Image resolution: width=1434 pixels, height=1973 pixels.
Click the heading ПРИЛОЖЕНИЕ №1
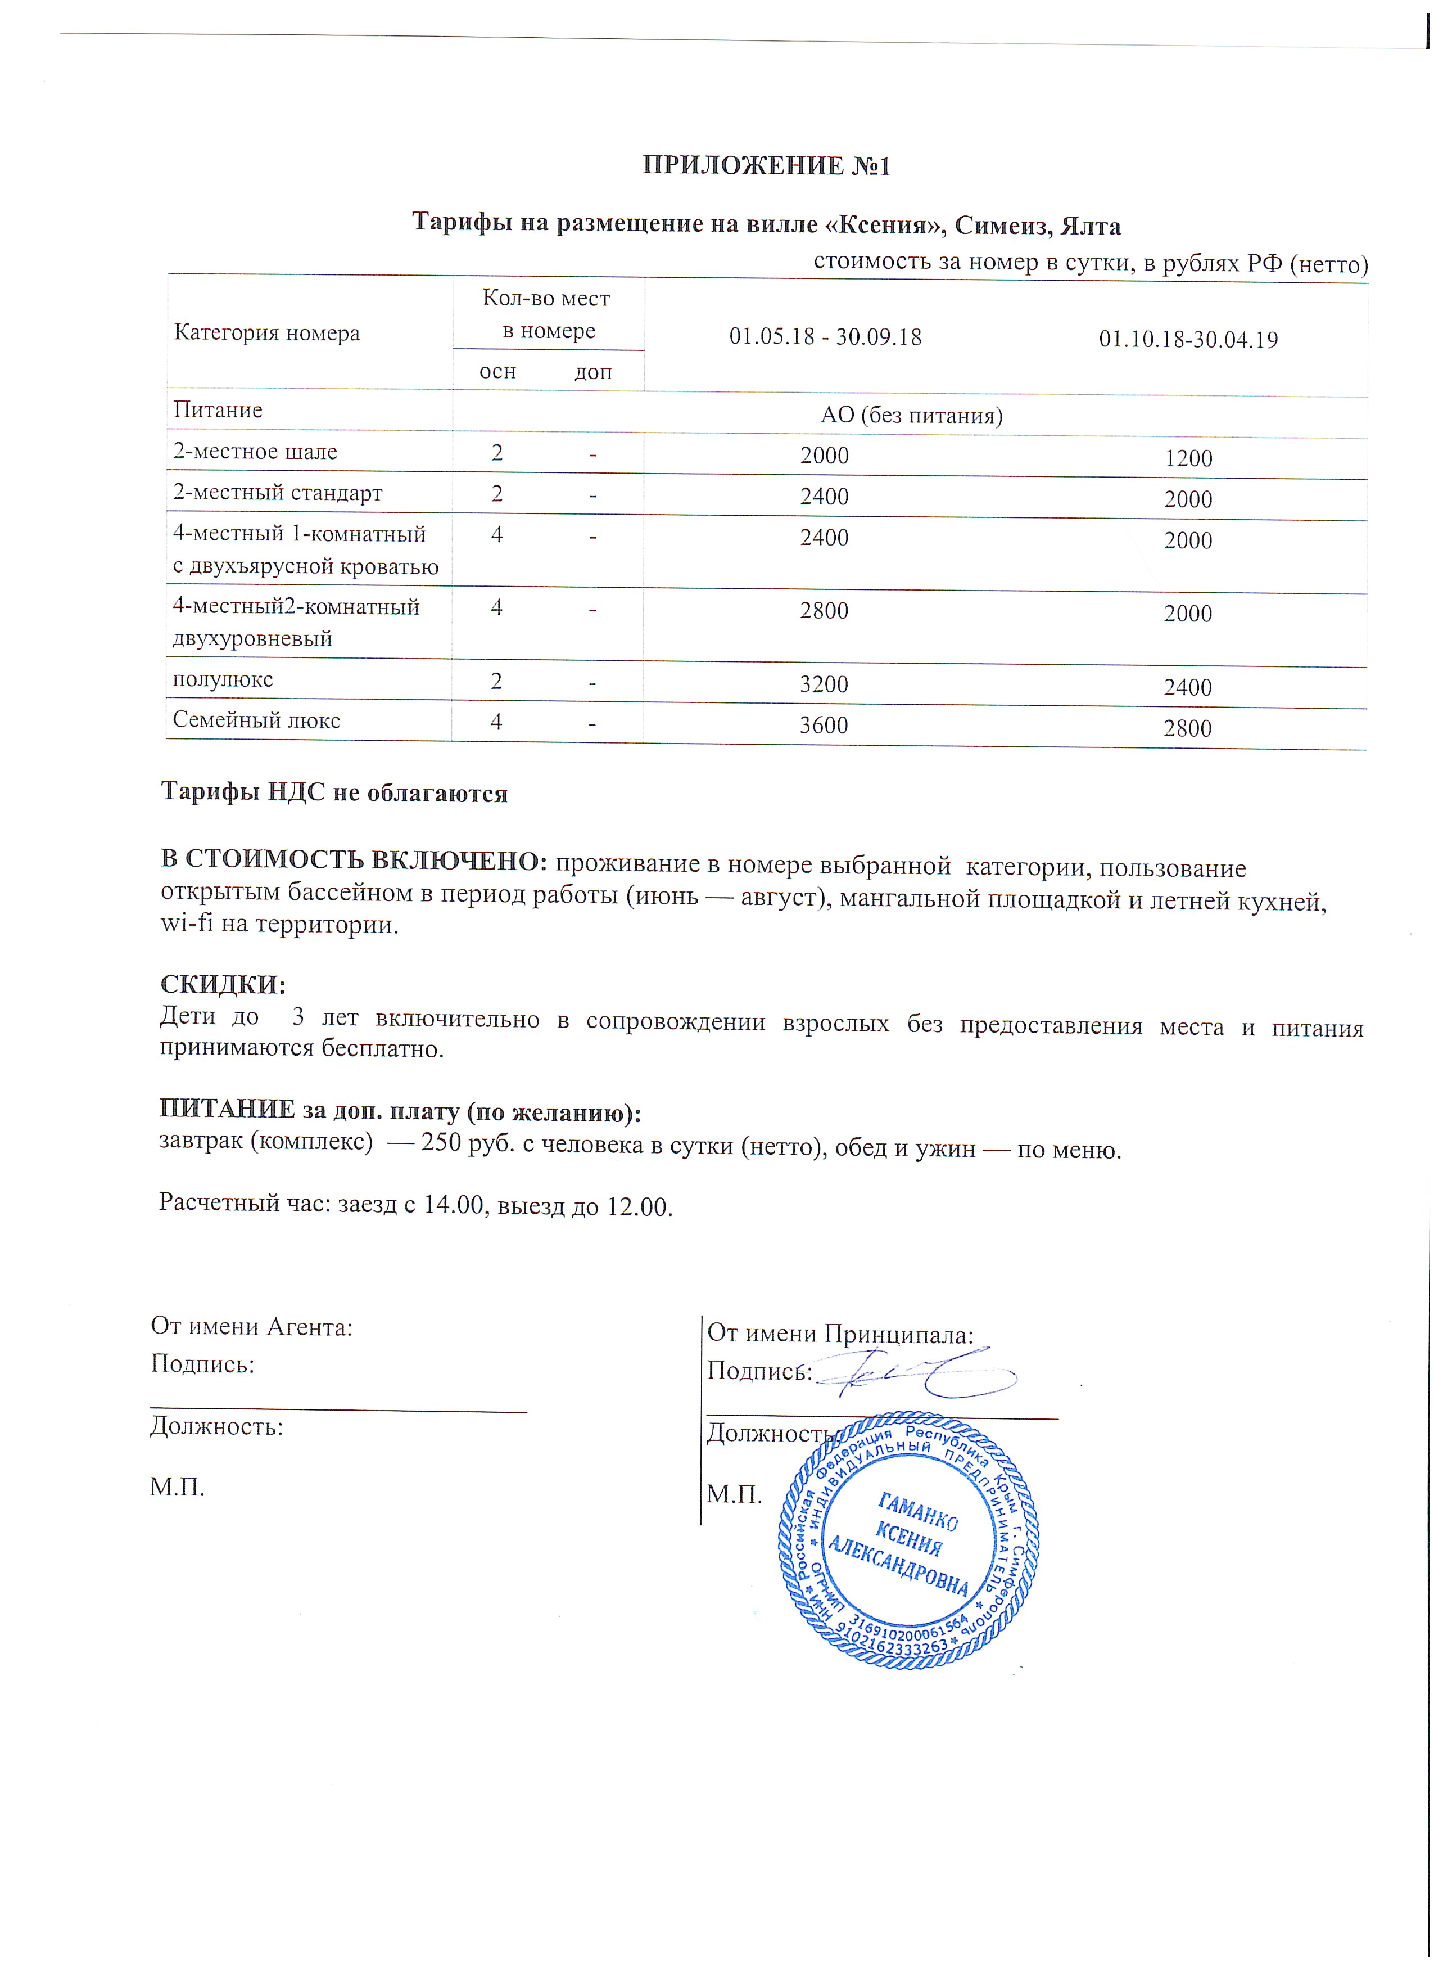point(766,165)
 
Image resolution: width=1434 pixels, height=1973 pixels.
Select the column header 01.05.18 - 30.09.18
point(825,337)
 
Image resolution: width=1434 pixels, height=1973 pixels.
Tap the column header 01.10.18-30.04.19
point(1188,339)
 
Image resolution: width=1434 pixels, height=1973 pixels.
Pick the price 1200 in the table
point(1188,458)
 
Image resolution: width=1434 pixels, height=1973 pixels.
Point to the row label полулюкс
point(223,679)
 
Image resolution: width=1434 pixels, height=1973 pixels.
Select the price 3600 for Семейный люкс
point(824,724)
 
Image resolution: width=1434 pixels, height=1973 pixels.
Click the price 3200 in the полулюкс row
point(824,684)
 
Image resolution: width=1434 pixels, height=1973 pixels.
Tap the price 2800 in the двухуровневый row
point(824,611)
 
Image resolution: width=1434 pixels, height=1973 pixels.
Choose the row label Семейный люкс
point(256,720)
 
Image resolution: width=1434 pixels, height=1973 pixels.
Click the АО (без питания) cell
point(911,415)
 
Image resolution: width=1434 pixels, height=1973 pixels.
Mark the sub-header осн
point(497,371)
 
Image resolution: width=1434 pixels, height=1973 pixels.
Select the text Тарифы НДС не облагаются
point(334,792)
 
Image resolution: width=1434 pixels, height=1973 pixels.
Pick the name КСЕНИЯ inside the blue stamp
point(909,1542)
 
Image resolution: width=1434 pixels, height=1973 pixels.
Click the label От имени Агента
point(251,1326)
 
